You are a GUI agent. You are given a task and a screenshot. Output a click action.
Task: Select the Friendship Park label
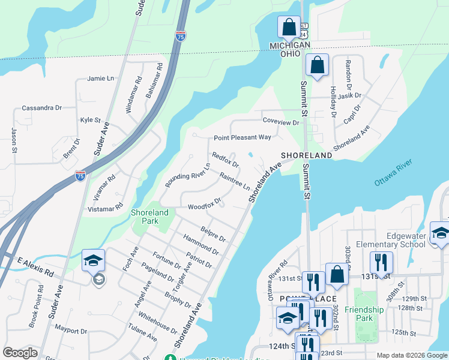(369, 314)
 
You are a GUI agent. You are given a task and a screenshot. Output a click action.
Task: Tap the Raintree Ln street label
(235, 180)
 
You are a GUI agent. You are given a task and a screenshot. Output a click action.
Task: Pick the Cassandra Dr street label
(42, 108)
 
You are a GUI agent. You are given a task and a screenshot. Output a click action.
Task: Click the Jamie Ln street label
(100, 79)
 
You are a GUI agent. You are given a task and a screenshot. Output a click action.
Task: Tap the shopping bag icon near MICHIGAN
(289, 27)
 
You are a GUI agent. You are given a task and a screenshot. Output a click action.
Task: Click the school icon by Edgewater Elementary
(440, 234)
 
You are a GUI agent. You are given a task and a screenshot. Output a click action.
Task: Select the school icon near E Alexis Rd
(93, 260)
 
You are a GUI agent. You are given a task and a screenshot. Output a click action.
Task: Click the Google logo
(20, 353)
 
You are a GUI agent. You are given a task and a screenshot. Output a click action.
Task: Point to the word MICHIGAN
(290, 45)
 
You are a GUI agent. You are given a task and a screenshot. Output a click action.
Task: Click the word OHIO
(290, 53)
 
